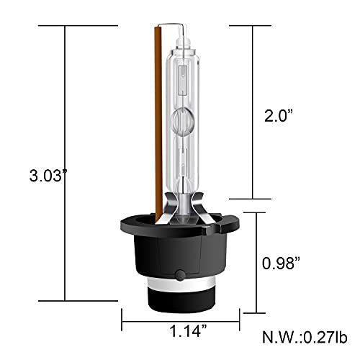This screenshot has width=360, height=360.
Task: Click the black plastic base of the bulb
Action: (180, 252)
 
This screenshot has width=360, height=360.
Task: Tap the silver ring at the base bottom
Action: (180, 296)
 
